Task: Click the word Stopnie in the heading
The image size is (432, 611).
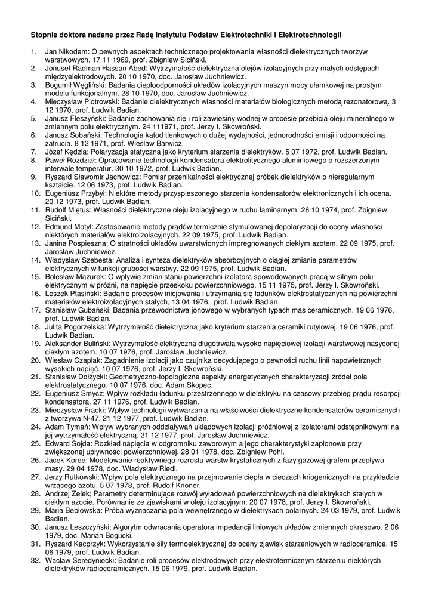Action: pos(45,36)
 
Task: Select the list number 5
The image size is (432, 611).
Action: pos(33,118)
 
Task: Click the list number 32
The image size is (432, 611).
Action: pos(35,560)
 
